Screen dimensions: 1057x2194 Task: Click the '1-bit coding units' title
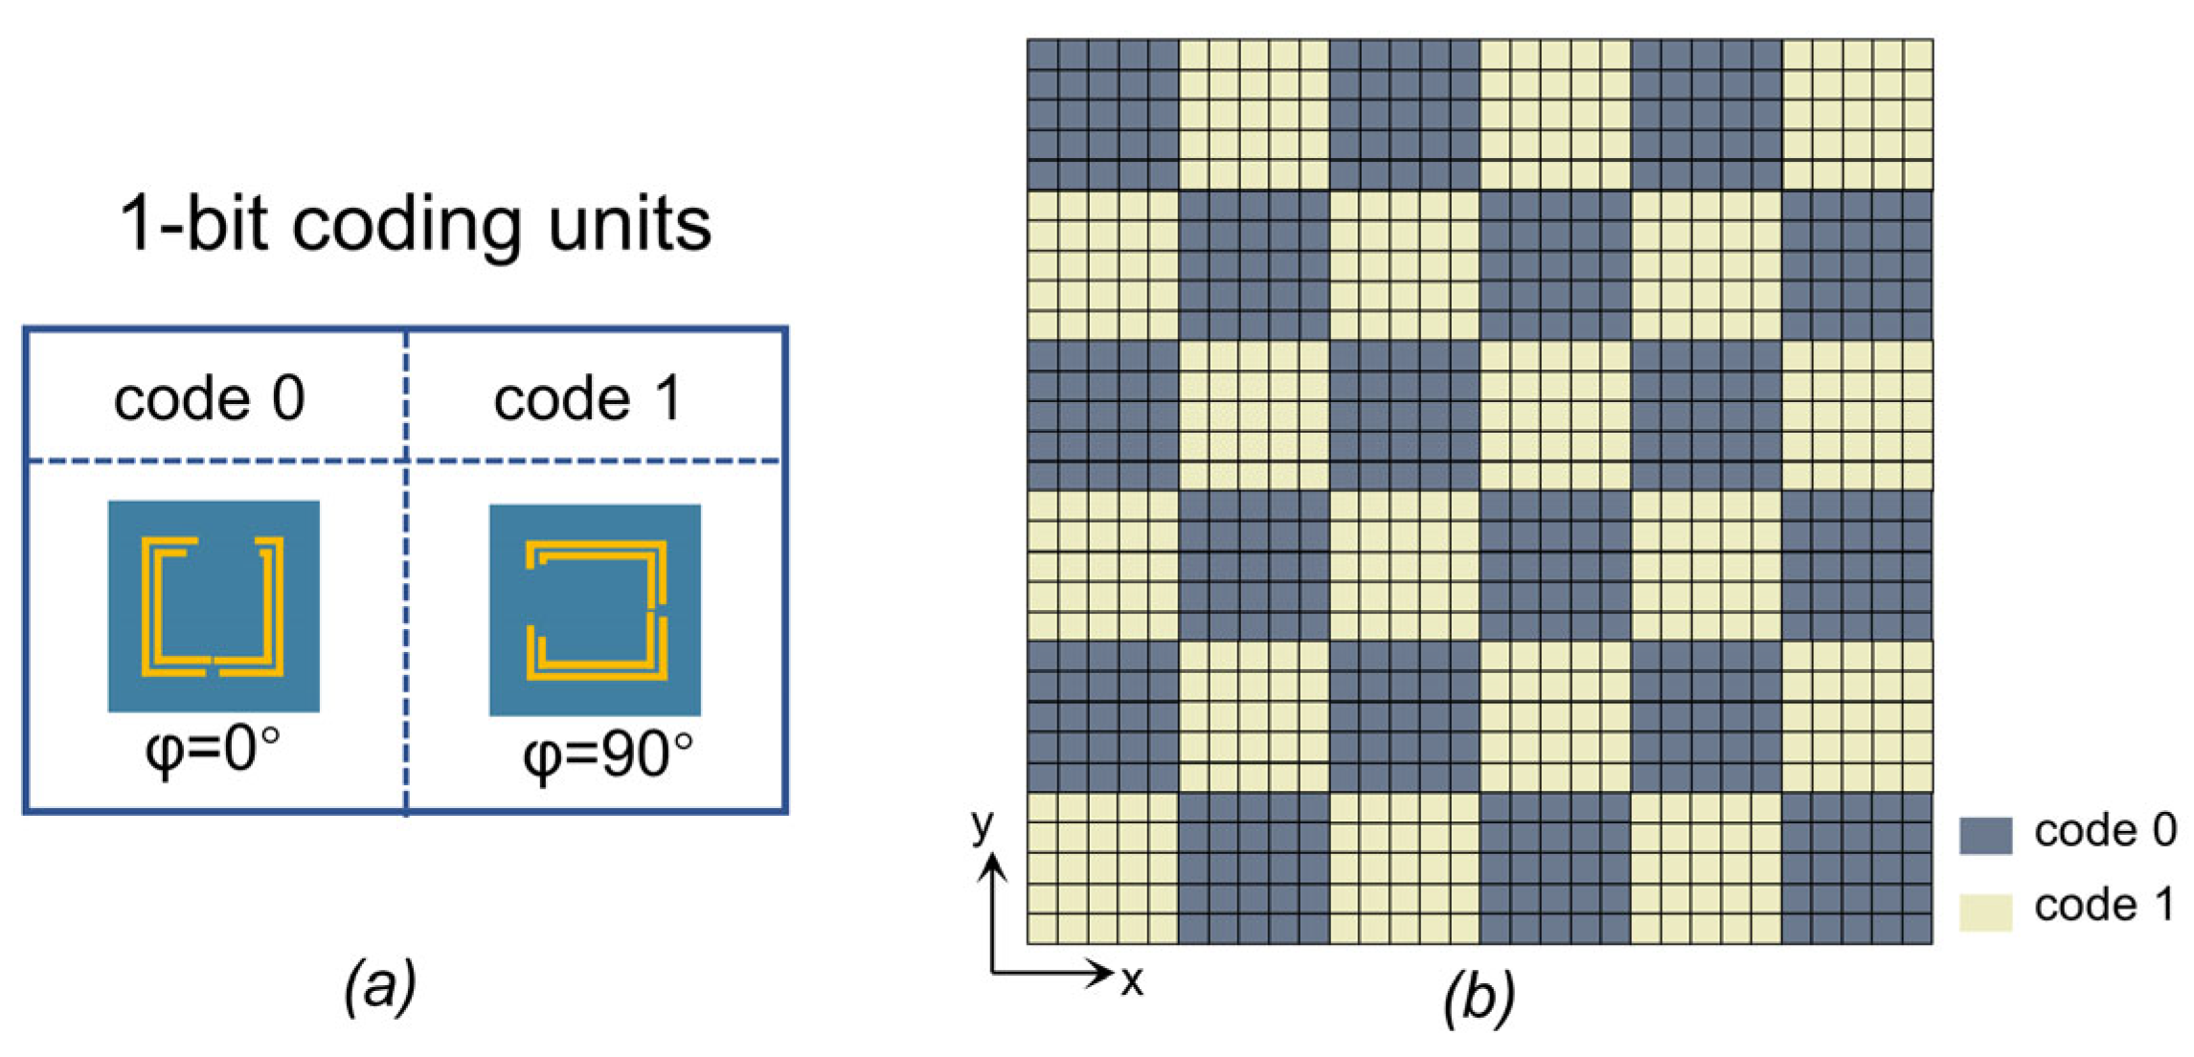tap(415, 225)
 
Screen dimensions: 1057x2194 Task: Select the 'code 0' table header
tap(210, 398)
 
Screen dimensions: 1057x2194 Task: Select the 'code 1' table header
tap(587, 398)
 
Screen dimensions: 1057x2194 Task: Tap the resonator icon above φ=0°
tap(214, 606)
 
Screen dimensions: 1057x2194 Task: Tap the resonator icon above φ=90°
tap(595, 610)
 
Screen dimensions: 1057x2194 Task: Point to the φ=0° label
tap(213, 750)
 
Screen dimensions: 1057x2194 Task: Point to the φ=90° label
tap(607, 755)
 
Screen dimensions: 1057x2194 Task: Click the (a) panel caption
tap(380, 985)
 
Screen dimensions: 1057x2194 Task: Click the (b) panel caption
tap(1479, 996)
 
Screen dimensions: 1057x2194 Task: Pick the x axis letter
tap(1132, 980)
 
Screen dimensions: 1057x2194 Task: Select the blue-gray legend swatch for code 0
tap(1985, 835)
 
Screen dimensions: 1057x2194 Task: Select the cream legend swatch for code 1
tap(1985, 911)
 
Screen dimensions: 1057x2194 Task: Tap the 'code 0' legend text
tap(2104, 831)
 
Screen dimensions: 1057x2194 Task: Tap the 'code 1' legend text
tap(2104, 906)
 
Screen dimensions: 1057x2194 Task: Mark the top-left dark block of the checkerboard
tap(1102, 114)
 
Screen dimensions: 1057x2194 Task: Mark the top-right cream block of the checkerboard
tap(1857, 114)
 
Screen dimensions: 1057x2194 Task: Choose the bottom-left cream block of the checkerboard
tap(1102, 867)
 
